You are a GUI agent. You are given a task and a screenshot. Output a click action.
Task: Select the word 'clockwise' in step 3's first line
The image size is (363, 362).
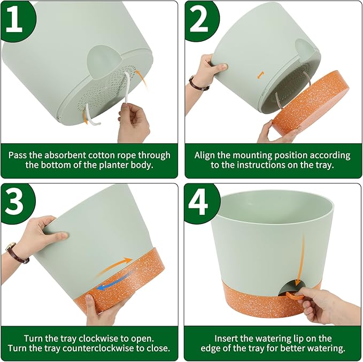pyautogui.click(x=93, y=338)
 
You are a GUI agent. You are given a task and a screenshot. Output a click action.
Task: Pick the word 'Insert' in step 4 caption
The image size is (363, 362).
pyautogui.click(x=228, y=338)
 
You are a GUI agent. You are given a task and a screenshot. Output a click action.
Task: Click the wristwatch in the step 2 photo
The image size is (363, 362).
pyautogui.click(x=198, y=83)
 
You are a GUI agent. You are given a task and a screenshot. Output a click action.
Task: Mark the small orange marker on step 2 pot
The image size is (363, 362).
pyautogui.click(x=260, y=75)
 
